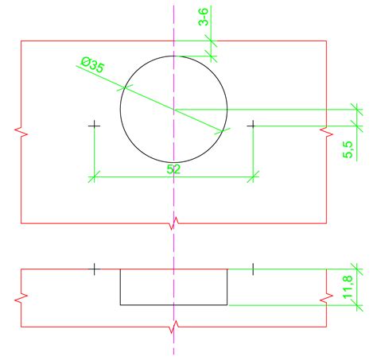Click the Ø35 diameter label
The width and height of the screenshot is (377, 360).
pos(92,64)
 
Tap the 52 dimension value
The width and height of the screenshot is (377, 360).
pos(173,169)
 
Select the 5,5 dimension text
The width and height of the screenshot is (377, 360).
pos(348,149)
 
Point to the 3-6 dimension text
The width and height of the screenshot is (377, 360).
pos(204,17)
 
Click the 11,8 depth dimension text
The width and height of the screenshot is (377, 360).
pos(348,287)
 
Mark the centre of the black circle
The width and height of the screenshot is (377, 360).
pos(173,109)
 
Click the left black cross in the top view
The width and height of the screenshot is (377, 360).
pos(94,126)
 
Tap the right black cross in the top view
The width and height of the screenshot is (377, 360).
pos(253,126)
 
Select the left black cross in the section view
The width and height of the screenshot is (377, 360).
pos(94,269)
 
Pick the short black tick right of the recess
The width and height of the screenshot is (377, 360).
pos(253,269)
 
